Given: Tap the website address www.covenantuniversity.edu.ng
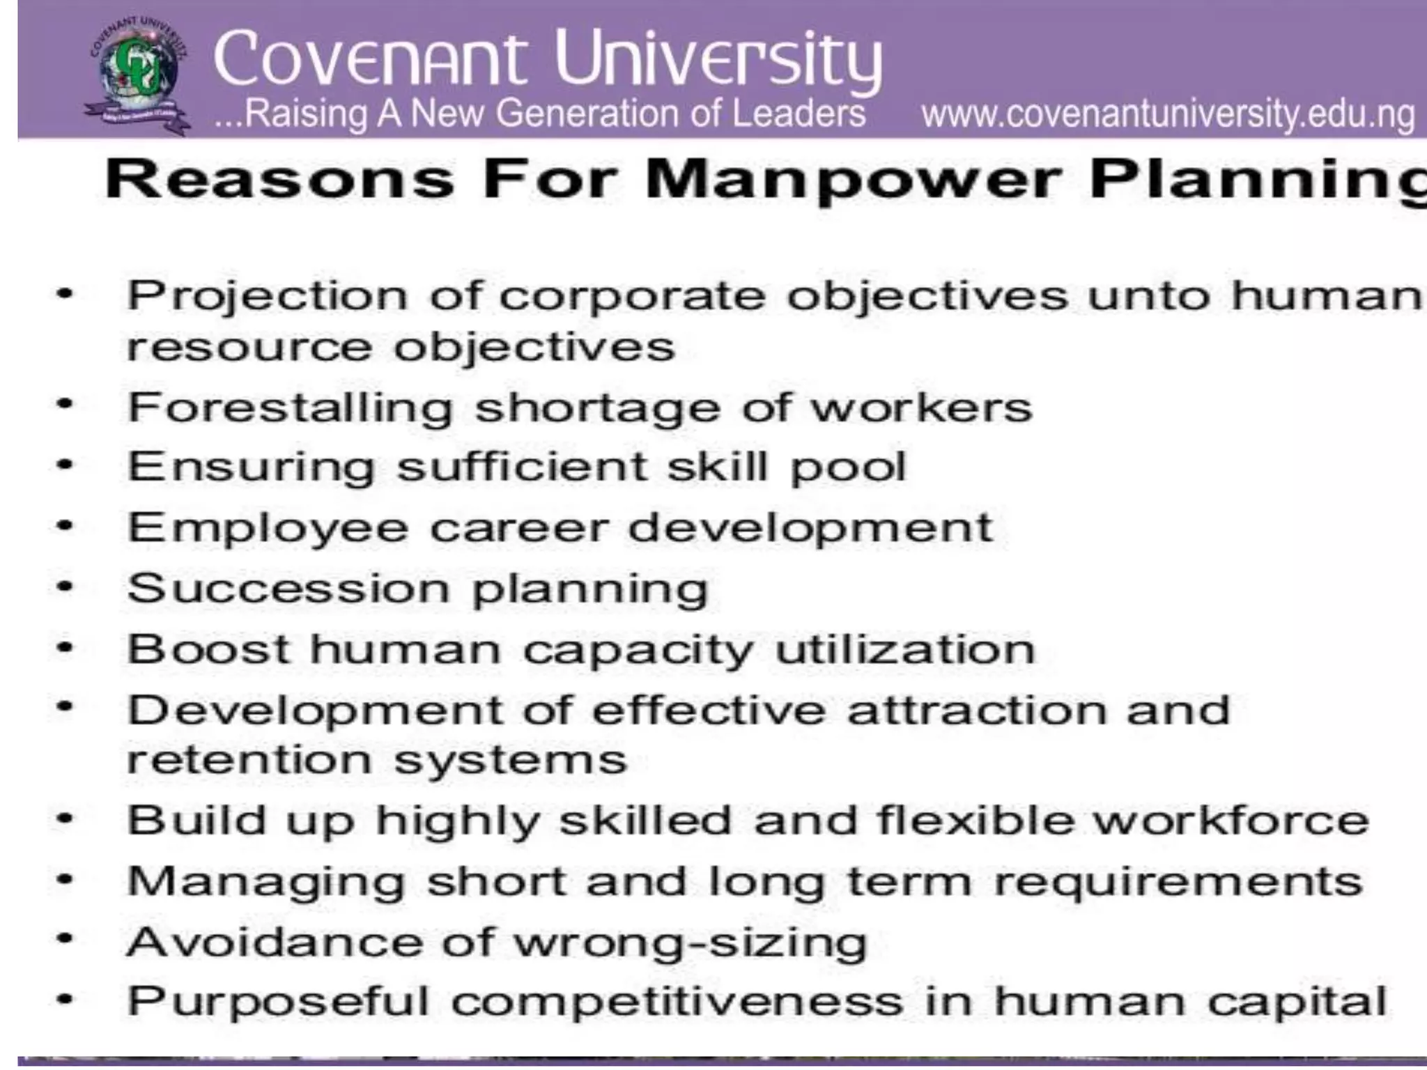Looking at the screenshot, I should coord(1168,114).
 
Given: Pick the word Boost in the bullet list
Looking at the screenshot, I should coord(208,649).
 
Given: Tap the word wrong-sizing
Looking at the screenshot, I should coord(691,943).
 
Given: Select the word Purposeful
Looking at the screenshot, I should coord(278,1002).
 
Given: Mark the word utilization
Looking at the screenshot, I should coord(905,649).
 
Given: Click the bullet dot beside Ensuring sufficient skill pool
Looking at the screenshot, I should coord(65,465).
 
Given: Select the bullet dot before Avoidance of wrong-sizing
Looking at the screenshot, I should coord(65,939).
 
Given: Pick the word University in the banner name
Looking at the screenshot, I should coord(718,60).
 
